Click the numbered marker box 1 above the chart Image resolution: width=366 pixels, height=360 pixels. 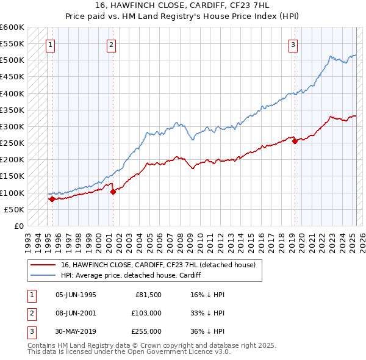pyautogui.click(x=49, y=44)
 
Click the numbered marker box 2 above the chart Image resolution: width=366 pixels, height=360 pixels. pyautogui.click(x=111, y=44)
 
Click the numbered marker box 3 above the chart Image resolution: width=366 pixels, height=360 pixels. pyautogui.click(x=293, y=44)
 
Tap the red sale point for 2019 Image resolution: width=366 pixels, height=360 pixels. pyautogui.click(x=295, y=142)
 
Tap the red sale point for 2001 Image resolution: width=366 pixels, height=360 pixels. pyautogui.click(x=113, y=192)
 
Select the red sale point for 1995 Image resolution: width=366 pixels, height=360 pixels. pyautogui.click(x=52, y=199)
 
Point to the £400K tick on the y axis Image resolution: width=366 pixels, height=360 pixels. pyautogui.click(x=13, y=93)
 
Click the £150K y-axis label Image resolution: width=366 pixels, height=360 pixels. pyautogui.click(x=13, y=176)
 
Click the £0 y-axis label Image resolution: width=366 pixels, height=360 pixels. pyautogui.click(x=18, y=226)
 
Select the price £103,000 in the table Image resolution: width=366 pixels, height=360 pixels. pyautogui.click(x=147, y=312)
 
